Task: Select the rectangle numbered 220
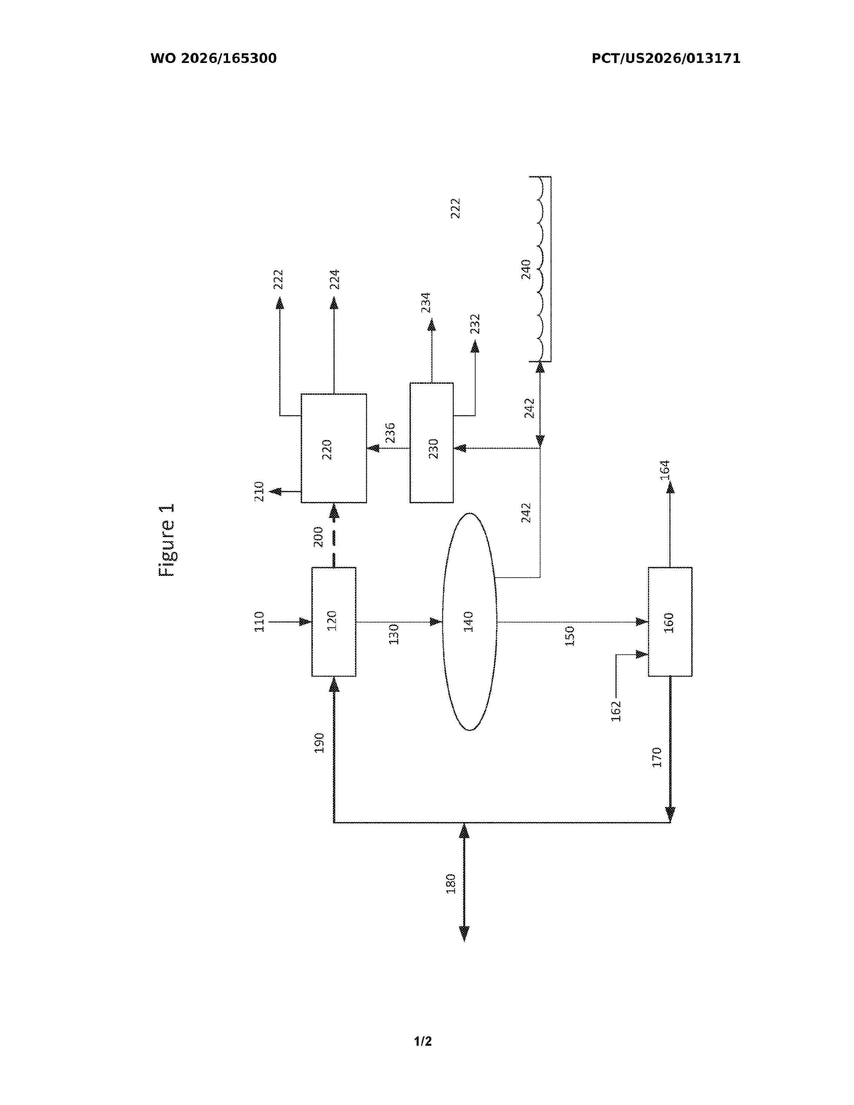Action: pos(334,448)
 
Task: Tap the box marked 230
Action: pos(432,443)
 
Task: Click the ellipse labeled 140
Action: pos(470,622)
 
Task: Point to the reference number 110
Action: pos(259,622)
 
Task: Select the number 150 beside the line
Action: pos(570,636)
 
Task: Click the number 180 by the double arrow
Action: pos(451,883)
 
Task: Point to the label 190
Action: pos(319,743)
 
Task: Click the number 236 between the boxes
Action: pos(390,433)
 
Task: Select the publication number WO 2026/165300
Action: pos(214,59)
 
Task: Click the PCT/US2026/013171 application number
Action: pos(666,59)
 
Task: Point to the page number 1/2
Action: pos(423,1041)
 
